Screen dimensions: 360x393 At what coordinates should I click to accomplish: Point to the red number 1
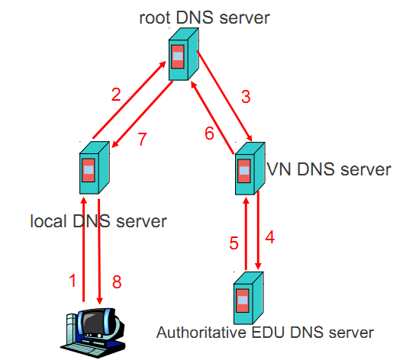(73, 281)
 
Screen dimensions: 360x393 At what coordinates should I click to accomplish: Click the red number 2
(116, 95)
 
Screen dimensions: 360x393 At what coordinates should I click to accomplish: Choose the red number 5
(234, 244)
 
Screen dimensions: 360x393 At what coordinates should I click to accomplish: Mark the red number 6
(209, 133)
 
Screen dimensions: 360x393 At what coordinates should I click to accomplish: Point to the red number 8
(117, 281)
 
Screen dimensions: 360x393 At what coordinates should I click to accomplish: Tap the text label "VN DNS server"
(329, 169)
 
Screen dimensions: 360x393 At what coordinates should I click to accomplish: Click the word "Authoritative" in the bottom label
(195, 333)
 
